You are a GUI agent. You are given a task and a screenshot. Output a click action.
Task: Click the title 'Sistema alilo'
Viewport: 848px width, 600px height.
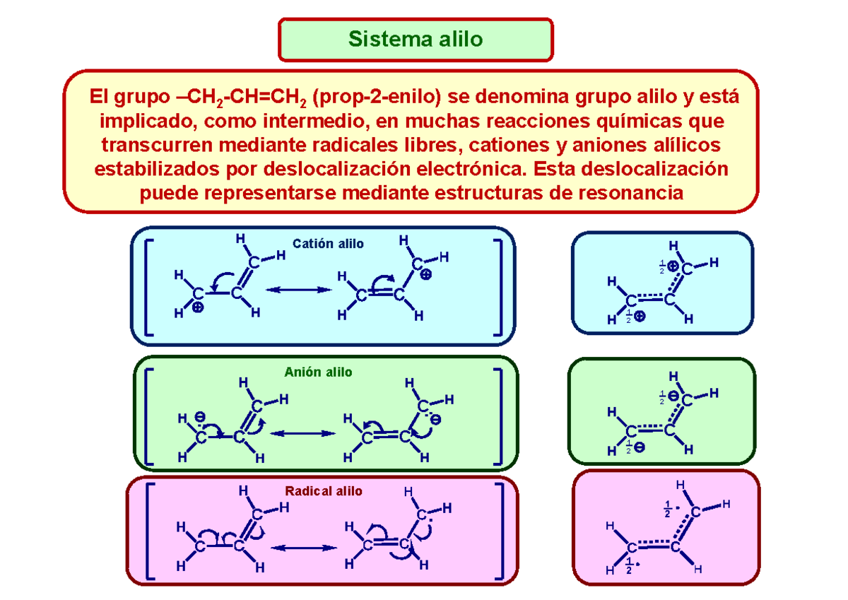416,39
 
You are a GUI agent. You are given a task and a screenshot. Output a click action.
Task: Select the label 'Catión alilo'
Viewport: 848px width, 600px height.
328,243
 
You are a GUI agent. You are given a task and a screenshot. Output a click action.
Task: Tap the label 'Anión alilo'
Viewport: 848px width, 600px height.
318,372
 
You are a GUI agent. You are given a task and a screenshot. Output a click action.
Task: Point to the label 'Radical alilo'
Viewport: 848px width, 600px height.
324,491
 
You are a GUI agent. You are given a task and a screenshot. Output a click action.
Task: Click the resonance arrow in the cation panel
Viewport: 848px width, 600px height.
298,290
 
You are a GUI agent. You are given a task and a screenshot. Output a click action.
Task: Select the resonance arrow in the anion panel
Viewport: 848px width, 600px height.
302,433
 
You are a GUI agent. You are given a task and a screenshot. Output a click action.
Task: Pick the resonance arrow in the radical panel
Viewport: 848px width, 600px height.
304,548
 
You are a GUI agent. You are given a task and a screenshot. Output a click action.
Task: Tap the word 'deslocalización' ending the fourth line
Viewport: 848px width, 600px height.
654,168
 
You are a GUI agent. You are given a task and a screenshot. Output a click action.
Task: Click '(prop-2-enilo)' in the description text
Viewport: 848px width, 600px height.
376,97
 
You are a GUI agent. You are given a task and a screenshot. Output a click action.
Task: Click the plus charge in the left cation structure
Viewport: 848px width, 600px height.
198,307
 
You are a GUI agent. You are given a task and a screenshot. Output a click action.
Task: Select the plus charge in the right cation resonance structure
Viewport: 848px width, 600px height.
426,274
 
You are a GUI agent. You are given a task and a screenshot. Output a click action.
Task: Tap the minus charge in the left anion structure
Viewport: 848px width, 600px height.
200,417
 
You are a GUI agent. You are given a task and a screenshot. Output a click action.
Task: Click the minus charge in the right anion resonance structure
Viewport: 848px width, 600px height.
436,420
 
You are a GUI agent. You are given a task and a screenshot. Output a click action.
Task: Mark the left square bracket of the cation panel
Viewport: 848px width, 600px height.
149,288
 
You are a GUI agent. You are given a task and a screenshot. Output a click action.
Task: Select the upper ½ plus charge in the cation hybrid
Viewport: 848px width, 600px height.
669,266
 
